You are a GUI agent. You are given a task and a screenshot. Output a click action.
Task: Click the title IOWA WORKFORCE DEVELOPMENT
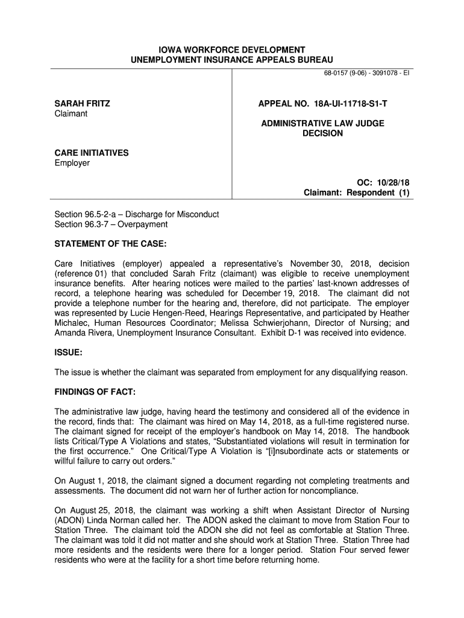231,49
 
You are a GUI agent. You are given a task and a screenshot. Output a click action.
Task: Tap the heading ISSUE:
69,352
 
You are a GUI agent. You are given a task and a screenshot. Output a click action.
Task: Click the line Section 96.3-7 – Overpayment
111,225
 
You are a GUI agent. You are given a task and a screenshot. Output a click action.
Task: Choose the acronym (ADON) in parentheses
71,520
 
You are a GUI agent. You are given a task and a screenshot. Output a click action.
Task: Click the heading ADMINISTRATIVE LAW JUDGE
322,123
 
